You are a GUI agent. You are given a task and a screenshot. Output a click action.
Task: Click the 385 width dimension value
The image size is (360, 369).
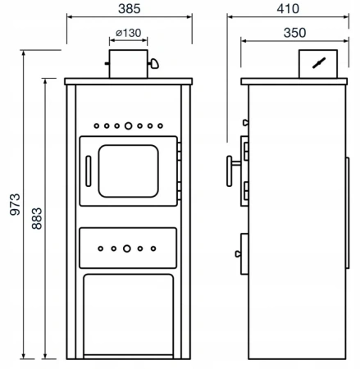pyautogui.click(x=127, y=8)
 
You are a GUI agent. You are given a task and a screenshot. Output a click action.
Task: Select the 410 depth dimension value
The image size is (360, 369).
pyautogui.click(x=286, y=8)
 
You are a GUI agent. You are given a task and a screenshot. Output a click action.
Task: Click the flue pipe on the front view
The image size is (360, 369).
pyautogui.click(x=126, y=64)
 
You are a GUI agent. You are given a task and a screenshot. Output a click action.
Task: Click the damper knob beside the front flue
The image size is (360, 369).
pyautogui.click(x=153, y=62)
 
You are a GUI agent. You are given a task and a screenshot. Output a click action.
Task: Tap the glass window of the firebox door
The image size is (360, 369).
pyautogui.click(x=127, y=171)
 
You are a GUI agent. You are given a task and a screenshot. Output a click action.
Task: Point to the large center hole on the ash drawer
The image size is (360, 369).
pyautogui.click(x=127, y=248)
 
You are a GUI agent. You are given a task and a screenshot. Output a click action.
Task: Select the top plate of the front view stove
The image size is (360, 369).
pyautogui.click(x=127, y=80)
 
